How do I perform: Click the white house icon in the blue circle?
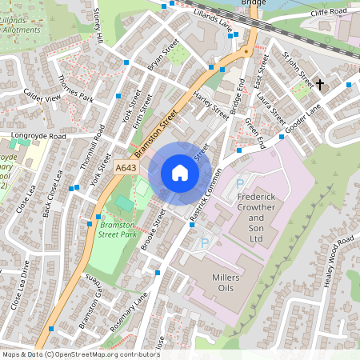(180, 173)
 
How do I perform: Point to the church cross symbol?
(320, 84)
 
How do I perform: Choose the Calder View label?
(42, 97)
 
